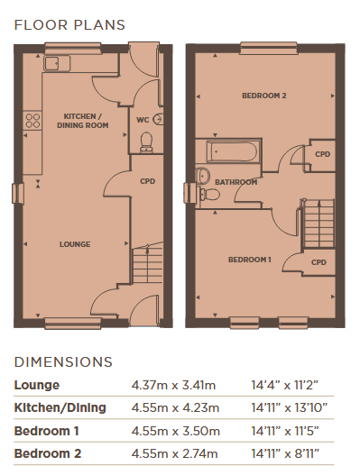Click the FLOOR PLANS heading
[x=69, y=25]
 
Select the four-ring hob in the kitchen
[x=32, y=121]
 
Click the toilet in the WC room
[x=146, y=142]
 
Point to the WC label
[x=143, y=120]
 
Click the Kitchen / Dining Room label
[x=82, y=121]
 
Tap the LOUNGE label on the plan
[x=75, y=244]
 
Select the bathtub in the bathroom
[x=233, y=151]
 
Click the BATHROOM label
[x=236, y=182]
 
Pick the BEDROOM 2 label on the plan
[x=264, y=96]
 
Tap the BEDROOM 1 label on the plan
[x=250, y=260]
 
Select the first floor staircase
[x=318, y=224]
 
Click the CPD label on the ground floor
[x=148, y=181]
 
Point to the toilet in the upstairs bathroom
[x=208, y=194]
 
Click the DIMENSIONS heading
[x=63, y=362]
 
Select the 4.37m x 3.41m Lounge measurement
[x=173, y=386]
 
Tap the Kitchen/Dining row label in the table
[x=60, y=407]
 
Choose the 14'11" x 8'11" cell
[x=285, y=453]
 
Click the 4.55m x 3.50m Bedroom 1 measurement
[x=176, y=431]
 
